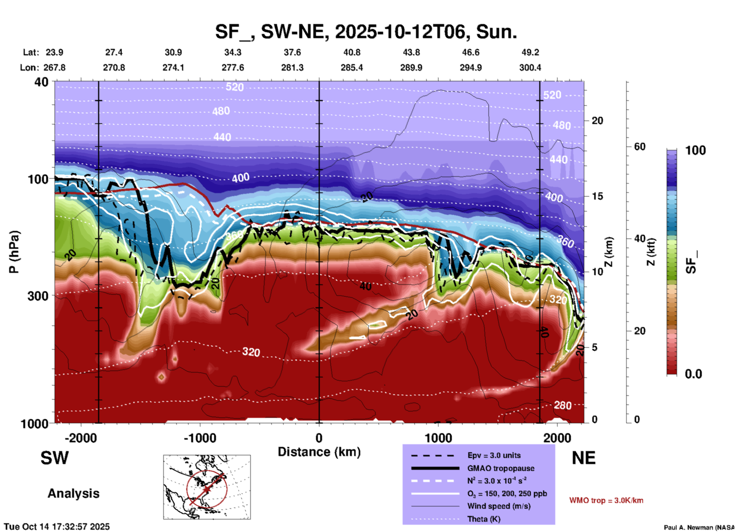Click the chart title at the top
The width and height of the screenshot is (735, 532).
pos(366,32)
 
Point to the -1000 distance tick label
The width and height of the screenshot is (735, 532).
pos(200,438)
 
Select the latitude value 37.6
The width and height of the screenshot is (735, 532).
pos(292,52)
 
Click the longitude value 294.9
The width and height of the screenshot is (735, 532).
pos(471,68)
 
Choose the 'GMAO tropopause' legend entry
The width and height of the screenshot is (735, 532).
pos(501,468)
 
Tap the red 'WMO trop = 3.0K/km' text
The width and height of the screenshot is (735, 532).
pos(606,500)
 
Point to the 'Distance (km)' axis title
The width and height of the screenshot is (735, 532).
pos(319,452)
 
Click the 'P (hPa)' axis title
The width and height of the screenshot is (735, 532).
pos(14,252)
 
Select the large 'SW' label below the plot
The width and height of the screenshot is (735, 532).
pos(55,458)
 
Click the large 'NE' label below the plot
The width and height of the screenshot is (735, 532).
pos(583,458)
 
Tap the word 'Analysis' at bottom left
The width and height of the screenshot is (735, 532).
pos(73,493)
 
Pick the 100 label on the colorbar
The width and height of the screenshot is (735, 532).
pos(695,150)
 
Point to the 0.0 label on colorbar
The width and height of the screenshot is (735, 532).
pos(693,374)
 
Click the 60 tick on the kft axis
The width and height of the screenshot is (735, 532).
pos(640,147)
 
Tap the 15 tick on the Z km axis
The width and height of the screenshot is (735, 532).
pos(597,196)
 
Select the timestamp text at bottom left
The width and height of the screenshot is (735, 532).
pos(57,527)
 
